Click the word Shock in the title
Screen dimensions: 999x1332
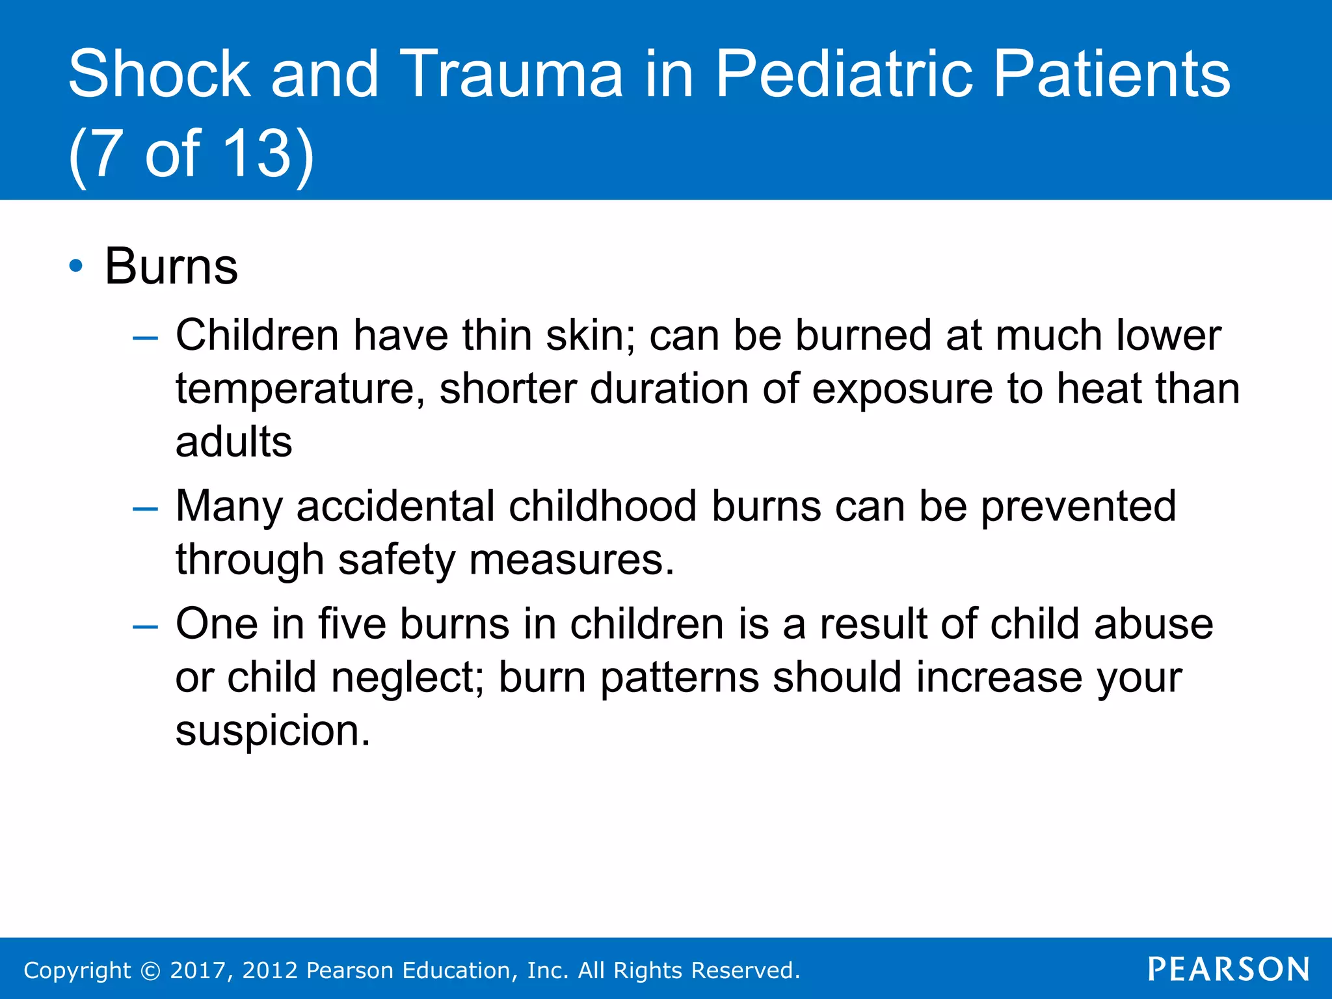click(x=159, y=74)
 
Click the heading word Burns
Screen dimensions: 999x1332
click(x=171, y=267)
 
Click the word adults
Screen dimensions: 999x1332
click(x=233, y=442)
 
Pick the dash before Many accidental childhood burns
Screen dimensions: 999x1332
click(x=144, y=508)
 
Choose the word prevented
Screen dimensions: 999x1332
click(x=1078, y=507)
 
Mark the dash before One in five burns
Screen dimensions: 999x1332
click(x=144, y=626)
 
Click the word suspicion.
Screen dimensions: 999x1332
click(x=273, y=731)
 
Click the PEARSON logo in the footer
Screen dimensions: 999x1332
click(x=1229, y=970)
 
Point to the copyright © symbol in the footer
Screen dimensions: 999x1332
click(x=150, y=971)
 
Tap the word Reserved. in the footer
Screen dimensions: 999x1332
click(x=745, y=970)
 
